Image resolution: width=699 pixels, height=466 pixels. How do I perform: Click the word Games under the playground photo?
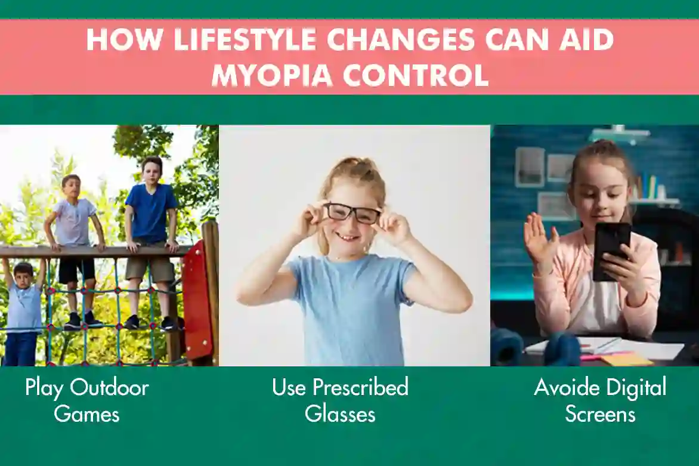pyautogui.click(x=86, y=413)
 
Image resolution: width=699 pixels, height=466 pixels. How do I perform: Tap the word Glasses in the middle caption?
pyautogui.click(x=340, y=413)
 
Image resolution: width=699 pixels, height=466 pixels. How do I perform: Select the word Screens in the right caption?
pyautogui.click(x=600, y=413)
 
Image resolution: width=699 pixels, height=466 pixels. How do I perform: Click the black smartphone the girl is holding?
pyautogui.click(x=611, y=251)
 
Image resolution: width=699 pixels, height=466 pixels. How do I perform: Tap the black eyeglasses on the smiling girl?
pyautogui.click(x=352, y=213)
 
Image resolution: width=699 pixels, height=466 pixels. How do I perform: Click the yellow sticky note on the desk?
pyautogui.click(x=626, y=360)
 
